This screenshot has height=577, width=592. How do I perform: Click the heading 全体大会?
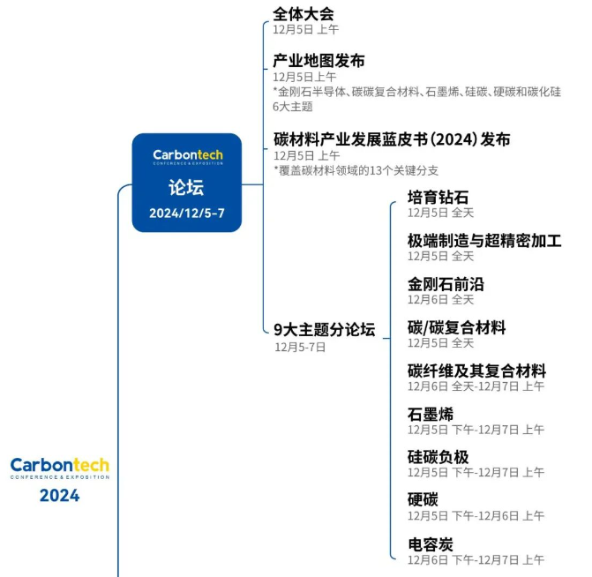[303, 14]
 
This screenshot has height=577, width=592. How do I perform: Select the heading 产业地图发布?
[318, 61]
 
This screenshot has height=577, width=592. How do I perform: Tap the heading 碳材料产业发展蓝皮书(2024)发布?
[392, 139]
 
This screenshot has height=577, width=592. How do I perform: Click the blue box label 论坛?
[186, 187]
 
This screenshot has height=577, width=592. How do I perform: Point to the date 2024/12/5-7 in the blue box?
[186, 214]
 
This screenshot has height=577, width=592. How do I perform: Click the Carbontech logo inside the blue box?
[188, 157]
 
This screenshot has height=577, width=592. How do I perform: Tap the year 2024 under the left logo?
[60, 496]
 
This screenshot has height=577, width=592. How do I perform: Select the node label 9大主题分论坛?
[325, 330]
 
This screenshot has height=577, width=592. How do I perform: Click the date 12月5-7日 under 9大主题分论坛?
[300, 347]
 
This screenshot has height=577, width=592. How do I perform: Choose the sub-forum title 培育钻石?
[438, 198]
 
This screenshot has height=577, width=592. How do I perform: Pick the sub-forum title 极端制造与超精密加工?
[484, 241]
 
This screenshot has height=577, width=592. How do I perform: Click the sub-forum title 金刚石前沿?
[446, 284]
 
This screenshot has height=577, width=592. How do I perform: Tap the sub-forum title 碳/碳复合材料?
[456, 328]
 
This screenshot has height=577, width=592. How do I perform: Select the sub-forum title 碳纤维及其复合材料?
[476, 371]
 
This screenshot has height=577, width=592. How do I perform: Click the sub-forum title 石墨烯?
[431, 415]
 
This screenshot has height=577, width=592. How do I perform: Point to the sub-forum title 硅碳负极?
[438, 457]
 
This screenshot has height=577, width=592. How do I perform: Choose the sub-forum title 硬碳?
[423, 500]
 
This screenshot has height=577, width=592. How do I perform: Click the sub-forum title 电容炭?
[431, 545]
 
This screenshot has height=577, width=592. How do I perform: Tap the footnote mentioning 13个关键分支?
[356, 170]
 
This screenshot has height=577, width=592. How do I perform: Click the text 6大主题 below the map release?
[293, 107]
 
